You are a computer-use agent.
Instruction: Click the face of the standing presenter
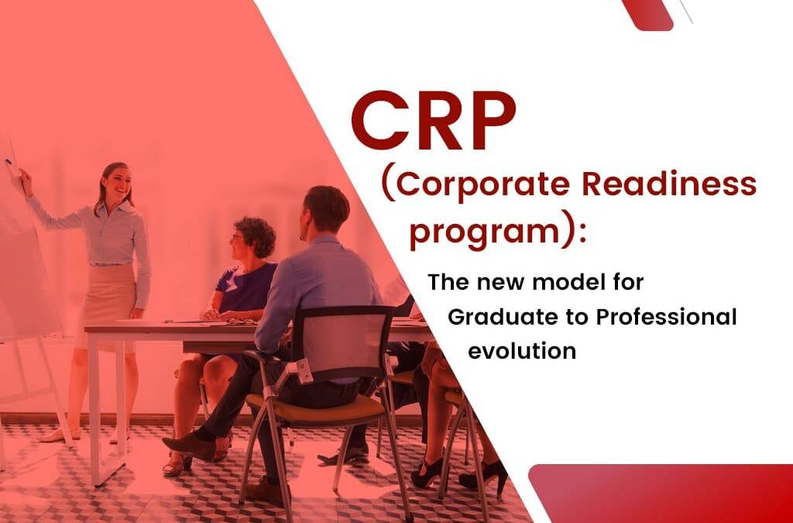tap(116, 184)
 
